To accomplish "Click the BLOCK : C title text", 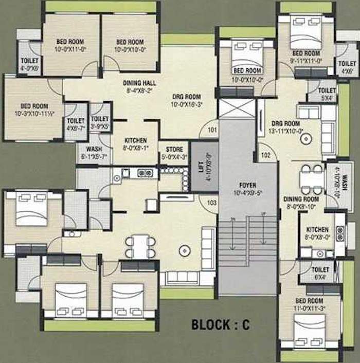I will pyautogui.click(x=220, y=324).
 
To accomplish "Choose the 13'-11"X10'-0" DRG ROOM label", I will pyautogui.click(x=285, y=127).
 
